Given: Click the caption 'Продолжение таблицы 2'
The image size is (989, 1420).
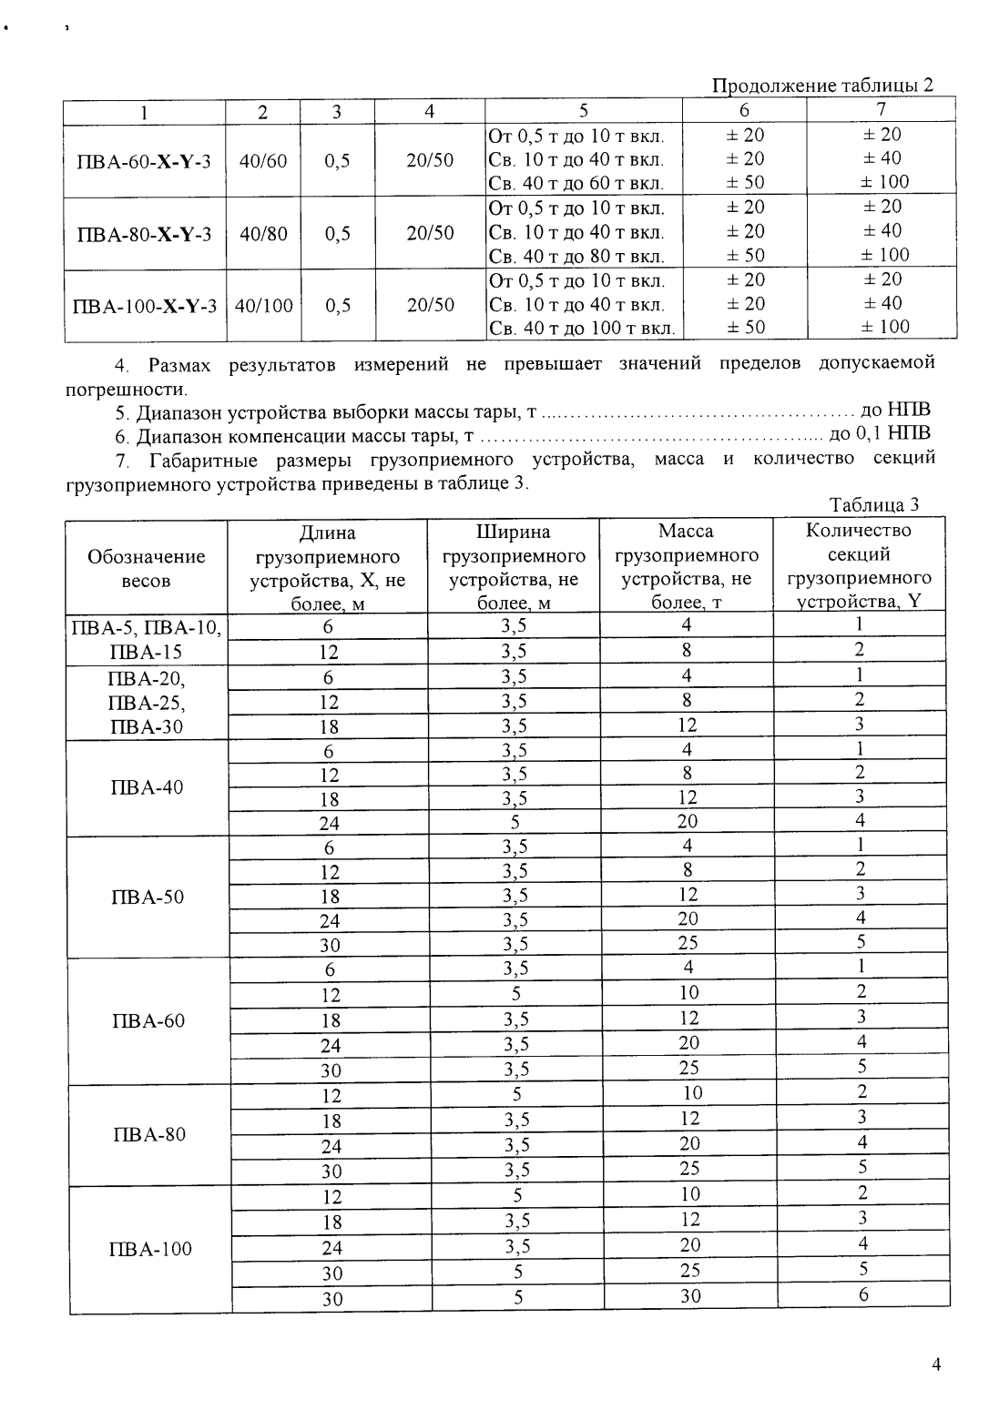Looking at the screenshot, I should point(821,86).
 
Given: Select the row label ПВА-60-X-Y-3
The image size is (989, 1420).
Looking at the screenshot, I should point(144,161).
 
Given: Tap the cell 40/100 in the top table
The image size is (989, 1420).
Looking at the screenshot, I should point(263,305).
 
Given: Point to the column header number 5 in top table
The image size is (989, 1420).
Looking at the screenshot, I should point(584,111).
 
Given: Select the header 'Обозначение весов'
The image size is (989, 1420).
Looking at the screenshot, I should point(146,568).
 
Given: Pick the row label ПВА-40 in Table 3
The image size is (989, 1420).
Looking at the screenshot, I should point(146,787).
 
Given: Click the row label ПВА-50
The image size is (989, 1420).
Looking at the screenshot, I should point(147,897).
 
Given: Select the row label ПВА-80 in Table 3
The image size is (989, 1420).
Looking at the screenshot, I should point(147,1134).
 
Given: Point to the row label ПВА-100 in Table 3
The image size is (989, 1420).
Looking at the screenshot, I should point(149,1249).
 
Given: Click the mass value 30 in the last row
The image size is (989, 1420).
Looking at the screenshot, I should point(690,1297).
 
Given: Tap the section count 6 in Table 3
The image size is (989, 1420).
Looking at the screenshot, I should point(862,1295).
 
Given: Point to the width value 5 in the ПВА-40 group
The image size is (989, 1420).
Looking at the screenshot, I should point(515,823).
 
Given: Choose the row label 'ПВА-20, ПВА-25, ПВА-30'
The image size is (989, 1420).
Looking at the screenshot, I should point(146,702).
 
